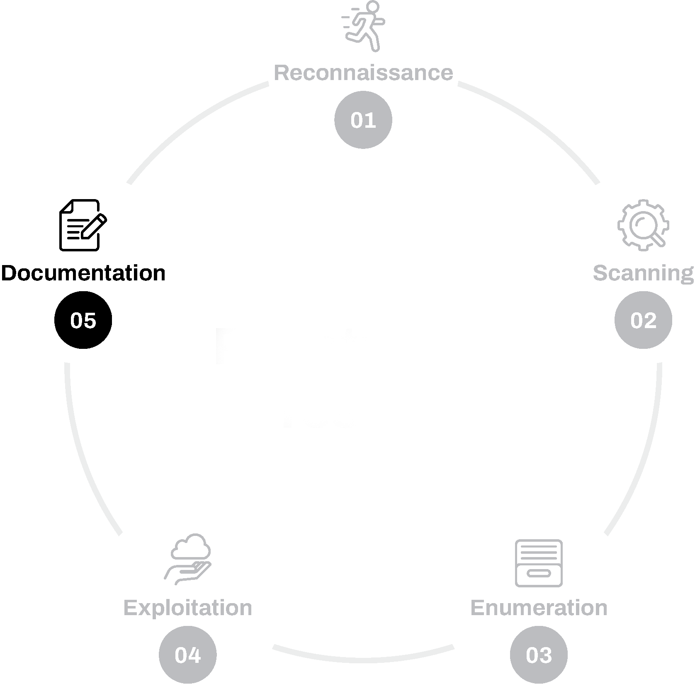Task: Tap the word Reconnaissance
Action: (363, 73)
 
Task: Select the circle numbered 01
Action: (363, 120)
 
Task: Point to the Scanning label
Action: (643, 273)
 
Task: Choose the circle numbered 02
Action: (643, 320)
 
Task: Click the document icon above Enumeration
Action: (539, 563)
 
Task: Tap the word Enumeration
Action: (538, 608)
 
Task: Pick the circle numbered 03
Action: (539, 655)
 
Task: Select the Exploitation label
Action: (188, 608)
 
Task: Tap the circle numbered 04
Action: (187, 655)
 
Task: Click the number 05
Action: (83, 321)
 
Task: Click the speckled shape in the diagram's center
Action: (307, 377)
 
